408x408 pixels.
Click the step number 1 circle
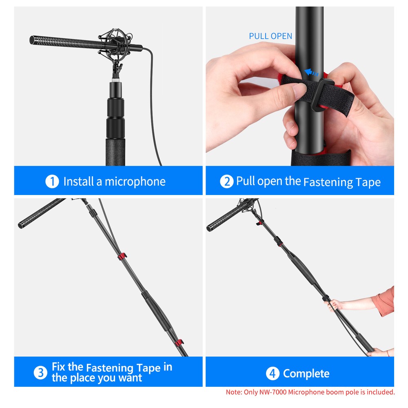tap(52, 182)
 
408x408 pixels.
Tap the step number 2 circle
tap(227, 182)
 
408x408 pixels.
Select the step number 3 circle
tap(40, 373)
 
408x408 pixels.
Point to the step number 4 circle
tap(273, 373)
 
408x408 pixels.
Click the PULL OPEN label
tap(271, 36)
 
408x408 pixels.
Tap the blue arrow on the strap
tap(312, 73)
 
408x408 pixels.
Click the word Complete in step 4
tap(306, 373)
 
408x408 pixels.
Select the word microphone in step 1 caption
tap(135, 182)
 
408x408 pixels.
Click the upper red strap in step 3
tap(121, 257)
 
